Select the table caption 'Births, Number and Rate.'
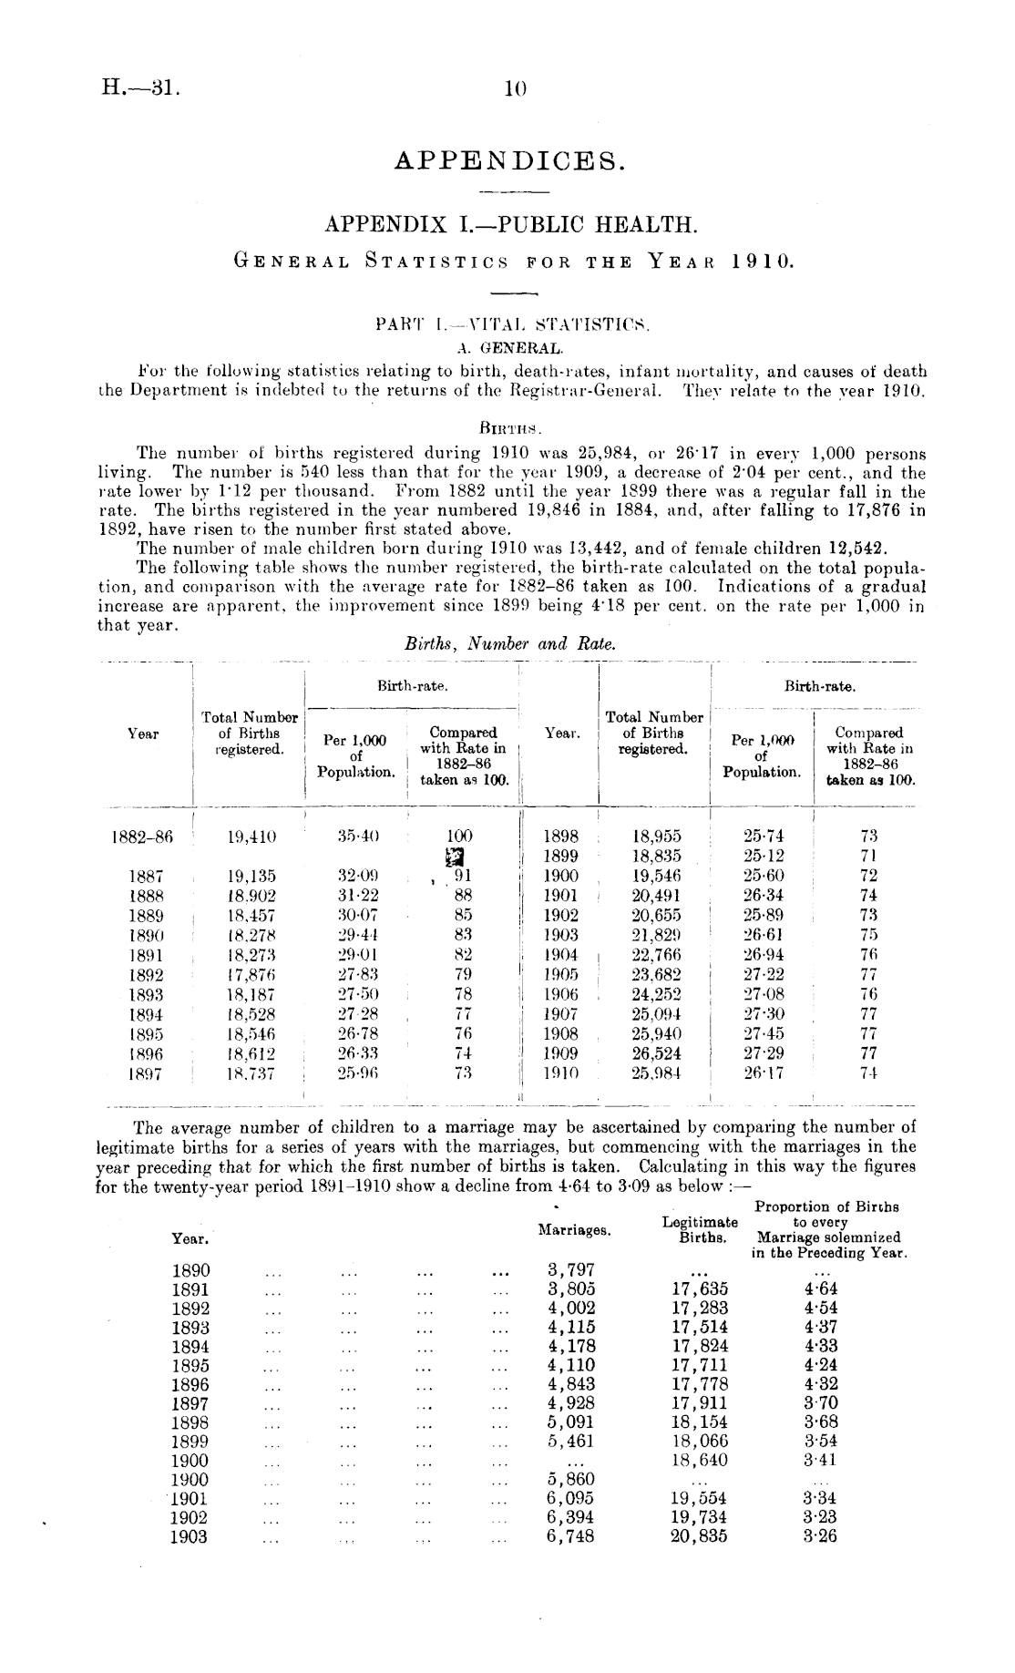(x=510, y=643)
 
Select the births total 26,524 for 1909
(x=656, y=1053)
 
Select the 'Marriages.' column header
(x=574, y=1230)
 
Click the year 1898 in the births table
(x=560, y=836)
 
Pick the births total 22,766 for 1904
(x=656, y=954)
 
